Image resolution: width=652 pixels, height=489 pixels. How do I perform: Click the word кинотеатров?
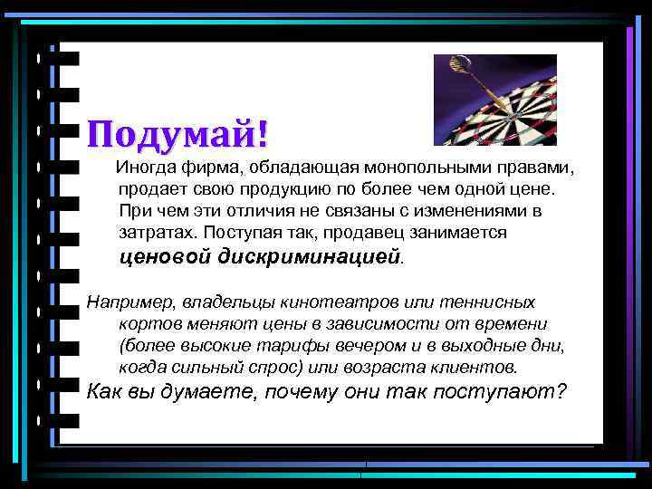[x=321, y=302]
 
